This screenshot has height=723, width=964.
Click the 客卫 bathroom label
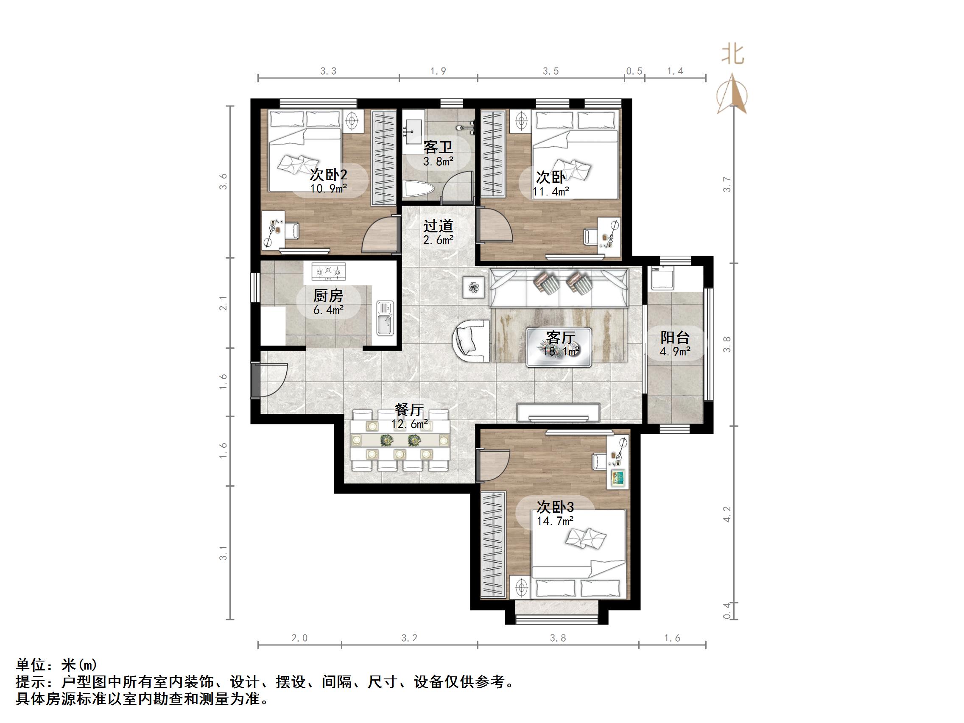tap(438, 147)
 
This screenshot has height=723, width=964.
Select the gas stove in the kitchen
tap(328, 271)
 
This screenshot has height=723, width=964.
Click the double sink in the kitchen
tap(385, 318)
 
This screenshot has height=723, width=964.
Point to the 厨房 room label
tap(328, 296)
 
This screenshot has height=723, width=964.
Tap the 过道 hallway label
tap(438, 226)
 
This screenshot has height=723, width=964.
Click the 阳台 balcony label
tap(675, 337)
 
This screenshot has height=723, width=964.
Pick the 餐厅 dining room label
tap(409, 410)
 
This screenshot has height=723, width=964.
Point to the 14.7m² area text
tap(555, 521)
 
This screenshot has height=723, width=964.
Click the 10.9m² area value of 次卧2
tap(329, 188)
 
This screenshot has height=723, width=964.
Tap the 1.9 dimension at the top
tap(438, 71)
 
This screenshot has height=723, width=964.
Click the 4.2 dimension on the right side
tap(726, 514)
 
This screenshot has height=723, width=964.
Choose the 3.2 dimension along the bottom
tap(409, 639)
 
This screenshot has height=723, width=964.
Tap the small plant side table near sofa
tap(473, 287)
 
